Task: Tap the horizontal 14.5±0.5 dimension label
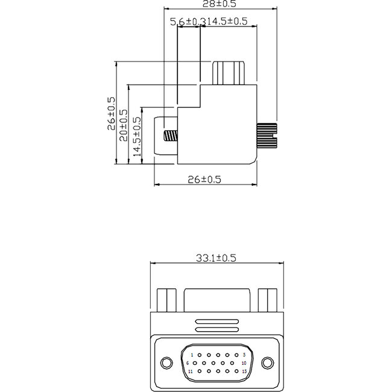pos(227,22)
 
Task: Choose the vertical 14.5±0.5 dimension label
pos(136,137)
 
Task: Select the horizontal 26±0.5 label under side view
pos(205,179)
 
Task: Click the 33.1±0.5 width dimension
pos(215,258)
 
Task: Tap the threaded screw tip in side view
pos(171,135)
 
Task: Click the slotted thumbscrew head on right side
pos(267,135)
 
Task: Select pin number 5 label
pos(243,355)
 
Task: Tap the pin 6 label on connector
pos(188,363)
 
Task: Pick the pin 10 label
pos(243,363)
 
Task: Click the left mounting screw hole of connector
pos(166,362)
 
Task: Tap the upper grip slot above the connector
pos(215,321)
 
